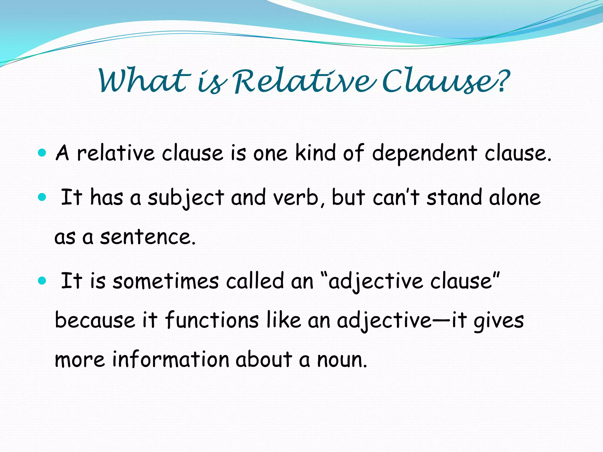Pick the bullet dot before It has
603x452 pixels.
42,197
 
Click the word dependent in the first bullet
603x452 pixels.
424,154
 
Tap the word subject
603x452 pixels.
185,198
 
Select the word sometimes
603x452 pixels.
166,281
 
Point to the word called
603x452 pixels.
255,281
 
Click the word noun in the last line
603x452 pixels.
341,360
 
